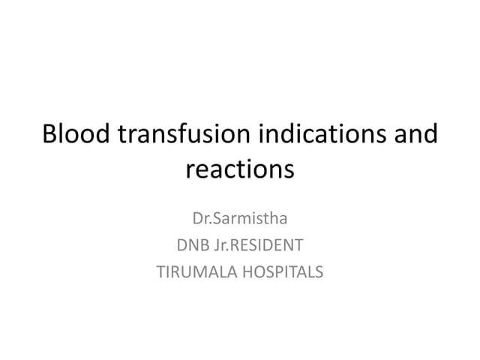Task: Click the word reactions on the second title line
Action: (240, 169)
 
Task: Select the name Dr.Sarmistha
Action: (240, 220)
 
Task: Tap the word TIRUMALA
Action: (193, 271)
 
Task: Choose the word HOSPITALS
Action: (280, 271)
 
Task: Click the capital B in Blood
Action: (50, 135)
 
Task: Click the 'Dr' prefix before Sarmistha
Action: (200, 220)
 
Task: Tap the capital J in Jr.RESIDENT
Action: (216, 245)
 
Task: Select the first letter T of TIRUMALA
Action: (160, 271)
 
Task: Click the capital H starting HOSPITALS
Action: (240, 271)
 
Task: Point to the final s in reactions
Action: (289, 169)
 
